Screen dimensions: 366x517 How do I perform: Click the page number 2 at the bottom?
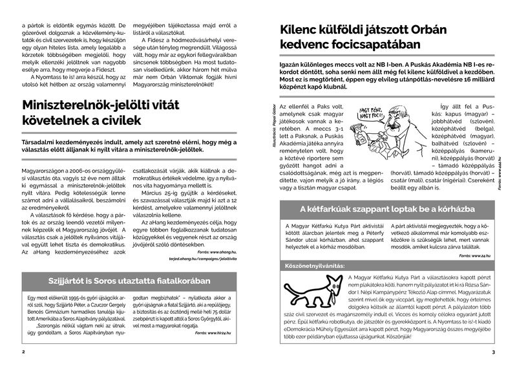click(x=23, y=352)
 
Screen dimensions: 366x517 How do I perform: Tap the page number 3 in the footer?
click(x=493, y=352)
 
